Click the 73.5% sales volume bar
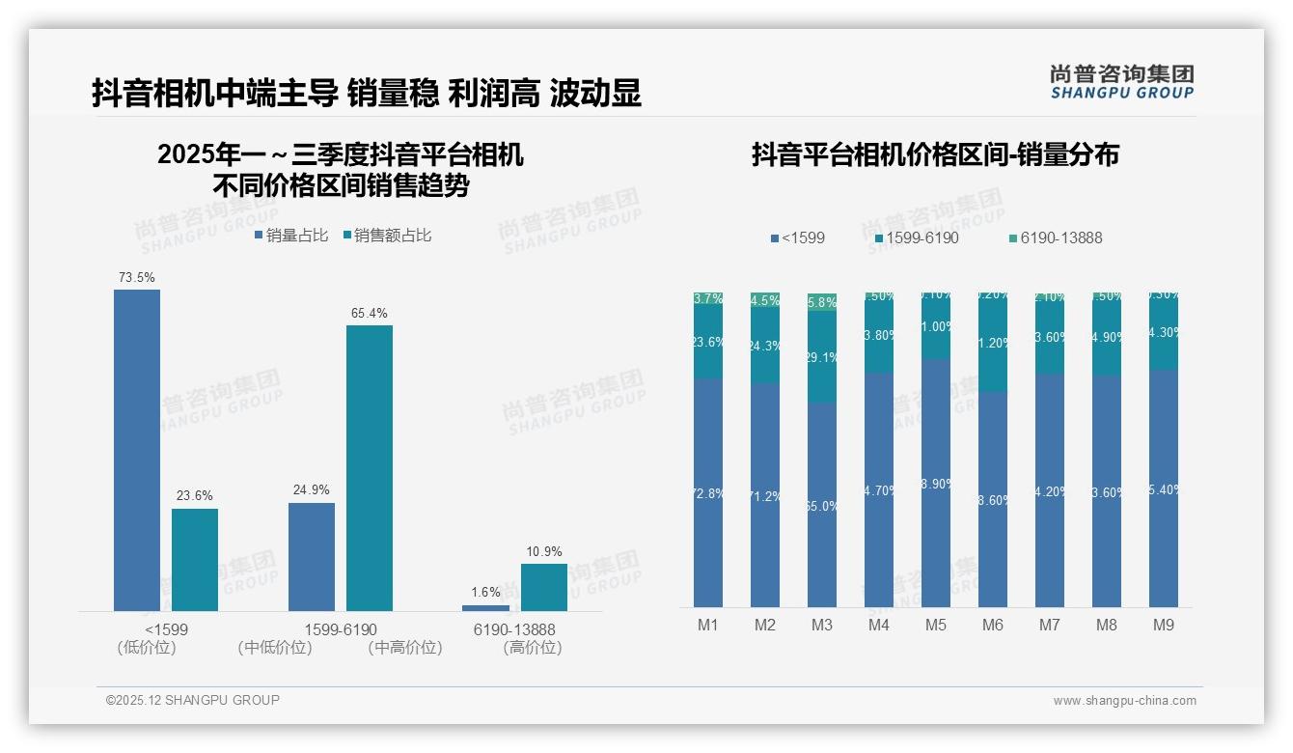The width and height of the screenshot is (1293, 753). pos(137,450)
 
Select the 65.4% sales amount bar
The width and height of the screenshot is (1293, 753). pos(370,468)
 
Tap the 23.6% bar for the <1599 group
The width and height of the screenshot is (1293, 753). pos(195,560)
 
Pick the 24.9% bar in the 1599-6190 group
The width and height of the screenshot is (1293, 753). pos(312,557)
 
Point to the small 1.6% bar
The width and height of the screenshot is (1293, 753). pos(485,608)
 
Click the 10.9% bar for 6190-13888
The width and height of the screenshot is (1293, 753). pos(544,587)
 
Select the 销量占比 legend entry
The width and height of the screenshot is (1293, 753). pos(291,236)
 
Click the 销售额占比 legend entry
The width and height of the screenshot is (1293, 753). pos(387,236)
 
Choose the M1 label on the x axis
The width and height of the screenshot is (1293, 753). pos(708,626)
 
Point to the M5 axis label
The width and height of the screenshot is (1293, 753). pos(936,626)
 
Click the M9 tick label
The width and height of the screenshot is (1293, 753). pos(1164,626)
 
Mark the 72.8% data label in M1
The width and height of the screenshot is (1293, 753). pos(708,494)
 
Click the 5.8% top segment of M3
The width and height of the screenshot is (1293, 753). pos(822,302)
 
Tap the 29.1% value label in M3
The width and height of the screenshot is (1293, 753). pos(822,358)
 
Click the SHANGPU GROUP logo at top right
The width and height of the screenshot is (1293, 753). pos(1122,81)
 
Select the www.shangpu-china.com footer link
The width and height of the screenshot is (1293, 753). pos(1124,701)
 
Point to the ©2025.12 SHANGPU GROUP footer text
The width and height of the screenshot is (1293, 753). pos(193,701)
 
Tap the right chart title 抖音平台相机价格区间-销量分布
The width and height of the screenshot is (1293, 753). pos(935,154)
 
